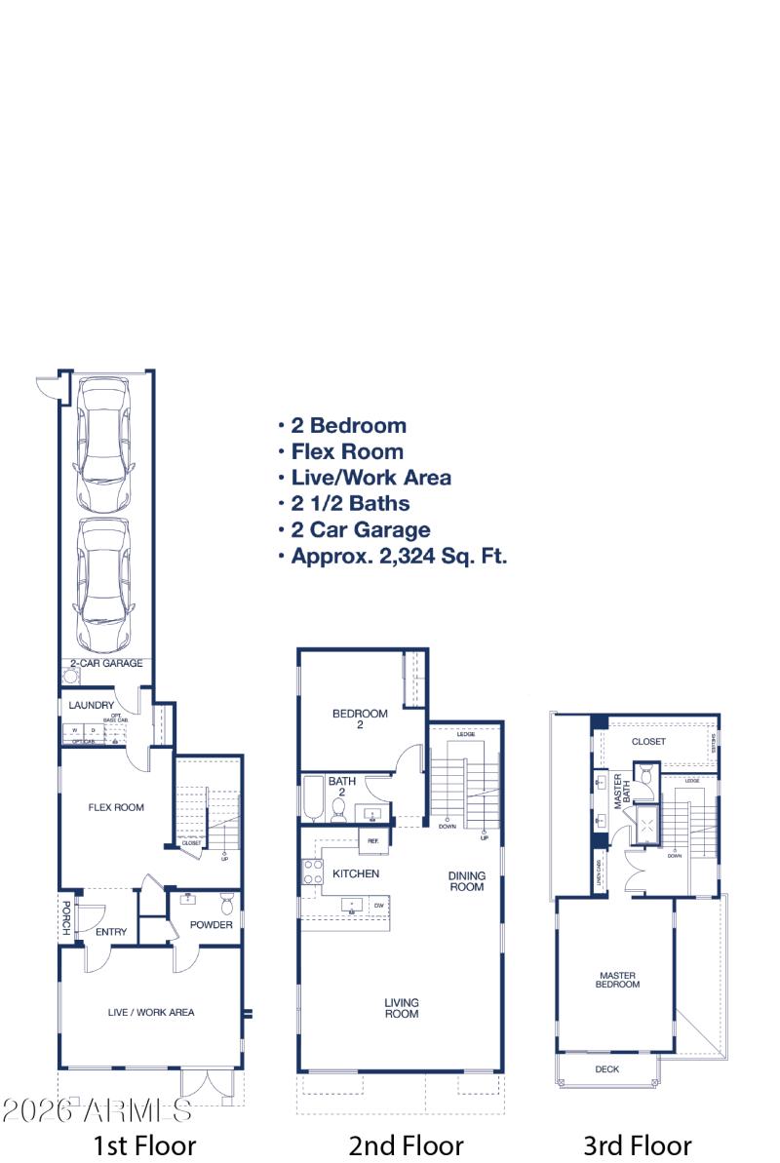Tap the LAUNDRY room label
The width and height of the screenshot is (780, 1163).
click(x=92, y=706)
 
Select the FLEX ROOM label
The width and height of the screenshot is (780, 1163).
click(x=116, y=807)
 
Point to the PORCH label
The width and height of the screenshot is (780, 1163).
click(x=66, y=917)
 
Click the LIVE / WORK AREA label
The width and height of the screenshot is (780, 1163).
click(x=150, y=1012)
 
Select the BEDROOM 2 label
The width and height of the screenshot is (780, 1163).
click(x=360, y=718)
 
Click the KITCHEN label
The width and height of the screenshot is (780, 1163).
click(x=356, y=873)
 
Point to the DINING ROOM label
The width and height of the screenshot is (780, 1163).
click(x=466, y=881)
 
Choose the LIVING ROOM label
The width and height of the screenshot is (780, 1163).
click(x=401, y=1008)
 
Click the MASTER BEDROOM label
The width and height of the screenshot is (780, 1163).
click(x=618, y=980)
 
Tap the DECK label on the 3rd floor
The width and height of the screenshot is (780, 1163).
click(x=606, y=1069)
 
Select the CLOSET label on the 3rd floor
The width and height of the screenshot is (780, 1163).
click(x=648, y=742)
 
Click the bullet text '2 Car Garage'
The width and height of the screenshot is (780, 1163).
click(x=360, y=530)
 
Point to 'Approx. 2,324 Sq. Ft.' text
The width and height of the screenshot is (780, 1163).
click(x=398, y=558)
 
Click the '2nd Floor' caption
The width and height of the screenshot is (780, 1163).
click(x=406, y=1144)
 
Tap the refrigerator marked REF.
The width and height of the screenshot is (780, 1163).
click(x=373, y=839)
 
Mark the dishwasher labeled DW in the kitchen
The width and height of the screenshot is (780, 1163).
click(x=377, y=906)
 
